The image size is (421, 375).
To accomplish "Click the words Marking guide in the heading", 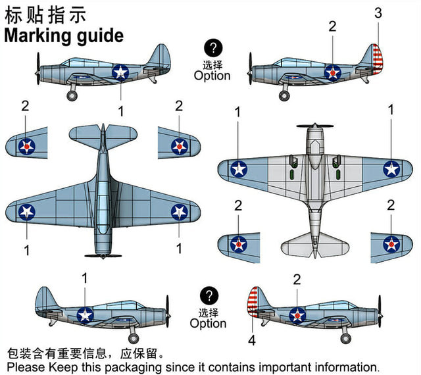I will click(64, 35).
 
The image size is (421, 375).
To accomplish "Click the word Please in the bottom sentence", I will click(26, 366).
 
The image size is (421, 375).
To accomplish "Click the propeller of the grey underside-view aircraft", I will click(314, 125).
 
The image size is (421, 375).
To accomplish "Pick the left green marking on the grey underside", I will click(291, 176).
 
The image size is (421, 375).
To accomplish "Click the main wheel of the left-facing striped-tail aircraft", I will click(284, 96).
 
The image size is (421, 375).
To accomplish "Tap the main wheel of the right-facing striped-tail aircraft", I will click(345, 338).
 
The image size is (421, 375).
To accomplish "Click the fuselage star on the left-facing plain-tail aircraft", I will click(120, 72).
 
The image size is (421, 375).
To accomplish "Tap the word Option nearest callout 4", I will click(208, 323).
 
